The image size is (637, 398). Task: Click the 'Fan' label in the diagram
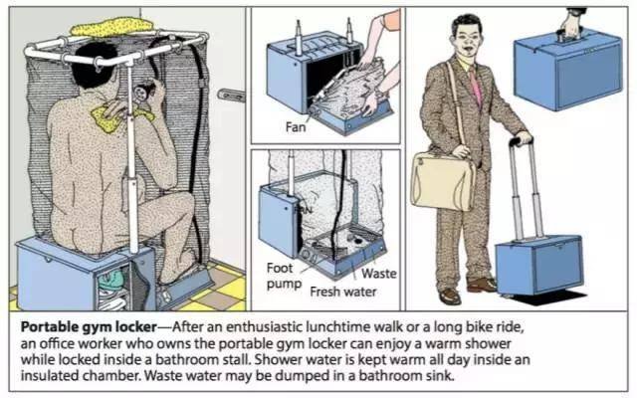tap(296, 127)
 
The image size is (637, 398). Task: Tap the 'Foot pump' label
tap(284, 277)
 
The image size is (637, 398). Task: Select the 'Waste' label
tap(378, 274)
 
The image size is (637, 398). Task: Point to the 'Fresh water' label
tap(343, 292)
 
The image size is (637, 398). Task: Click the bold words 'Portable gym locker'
tap(89, 327)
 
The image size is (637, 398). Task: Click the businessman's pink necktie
tap(476, 87)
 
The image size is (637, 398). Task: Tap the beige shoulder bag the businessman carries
tap(442, 181)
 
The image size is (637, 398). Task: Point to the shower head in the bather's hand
tap(142, 92)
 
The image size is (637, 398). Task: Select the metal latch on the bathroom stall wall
tap(232, 95)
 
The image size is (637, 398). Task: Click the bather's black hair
tap(96, 64)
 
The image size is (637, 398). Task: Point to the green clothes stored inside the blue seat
tap(110, 281)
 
